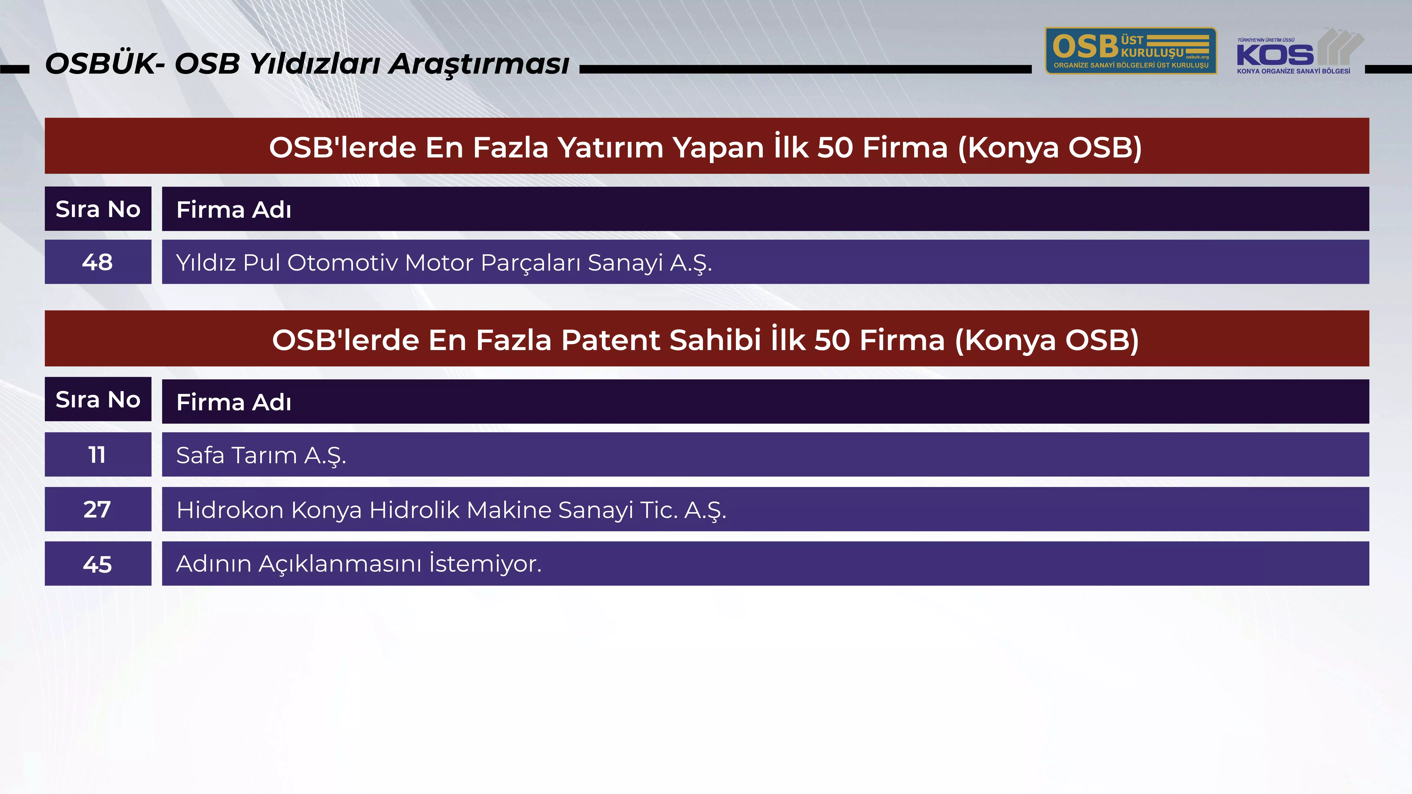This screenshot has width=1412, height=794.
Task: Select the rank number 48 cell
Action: tap(98, 262)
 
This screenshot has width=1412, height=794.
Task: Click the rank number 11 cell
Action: tap(98, 454)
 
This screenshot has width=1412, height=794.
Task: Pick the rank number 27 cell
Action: tap(98, 509)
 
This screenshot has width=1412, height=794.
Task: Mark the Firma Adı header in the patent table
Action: tap(234, 402)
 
